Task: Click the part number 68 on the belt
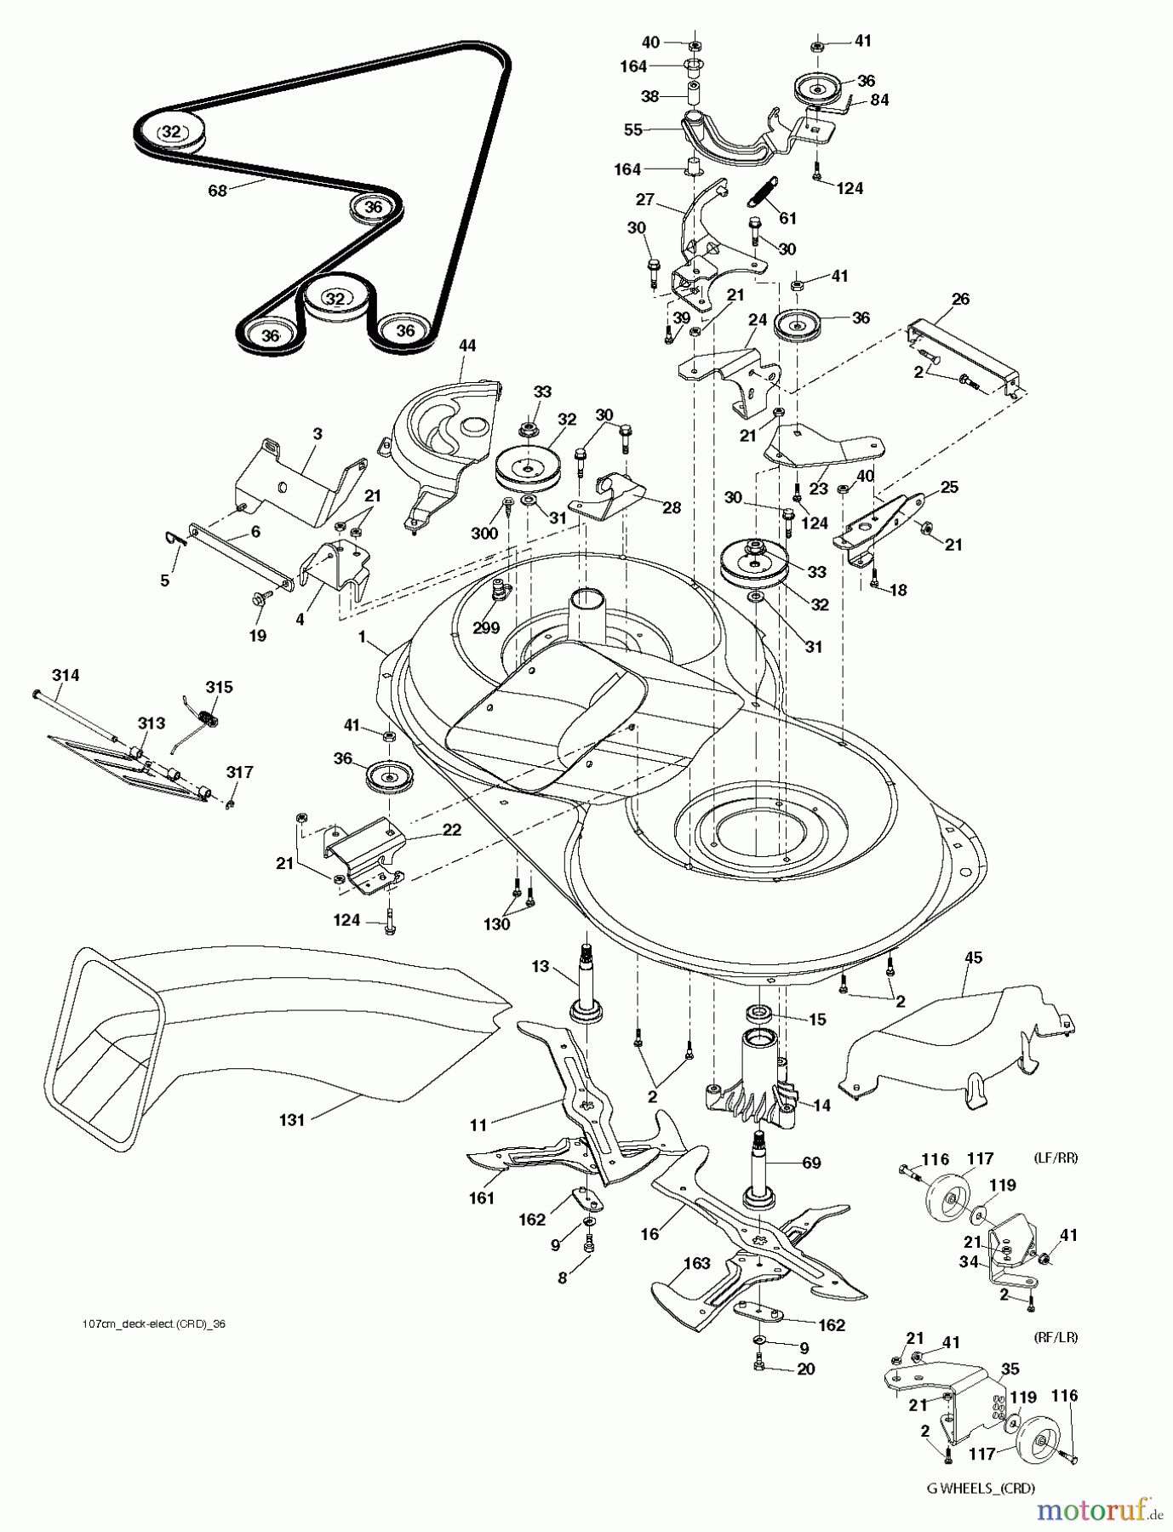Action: [x=218, y=191]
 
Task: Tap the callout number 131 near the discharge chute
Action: [x=291, y=1120]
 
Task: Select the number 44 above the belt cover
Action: [x=467, y=346]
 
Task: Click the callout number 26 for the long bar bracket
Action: [x=960, y=299]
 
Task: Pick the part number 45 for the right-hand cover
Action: [x=973, y=957]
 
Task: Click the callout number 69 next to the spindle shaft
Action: [x=811, y=1162]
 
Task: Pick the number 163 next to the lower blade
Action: [x=696, y=1264]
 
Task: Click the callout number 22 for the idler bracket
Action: [x=451, y=830]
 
